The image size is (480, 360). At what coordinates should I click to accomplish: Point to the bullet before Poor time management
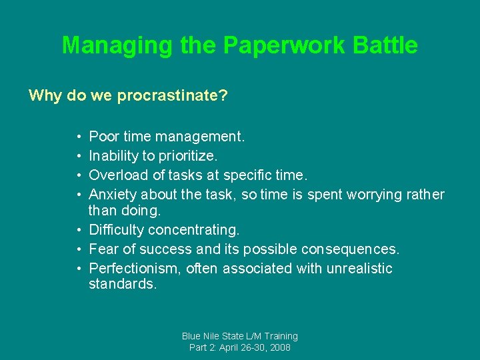pyautogui.click(x=79, y=137)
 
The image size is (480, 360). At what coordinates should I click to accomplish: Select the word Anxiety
pyautogui.click(x=111, y=195)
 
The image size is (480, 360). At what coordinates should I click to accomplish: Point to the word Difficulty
pyautogui.click(x=116, y=230)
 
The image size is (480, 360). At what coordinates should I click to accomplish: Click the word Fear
pyautogui.click(x=102, y=249)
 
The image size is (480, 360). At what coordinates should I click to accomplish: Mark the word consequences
pyautogui.click(x=350, y=249)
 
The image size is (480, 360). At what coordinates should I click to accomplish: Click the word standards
pyautogui.click(x=123, y=285)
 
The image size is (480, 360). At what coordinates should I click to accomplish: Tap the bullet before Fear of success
pyautogui.click(x=79, y=250)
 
